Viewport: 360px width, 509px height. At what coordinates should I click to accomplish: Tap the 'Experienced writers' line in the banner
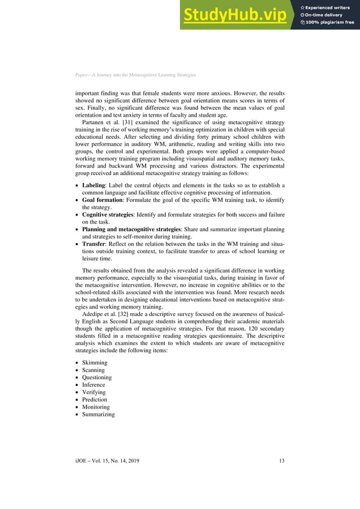tap(328, 7)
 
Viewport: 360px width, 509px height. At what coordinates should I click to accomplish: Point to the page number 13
tap(282, 462)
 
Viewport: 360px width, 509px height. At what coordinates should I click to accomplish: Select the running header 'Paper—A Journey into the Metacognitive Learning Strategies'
tap(135, 75)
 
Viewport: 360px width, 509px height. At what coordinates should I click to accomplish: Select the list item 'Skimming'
tap(95, 363)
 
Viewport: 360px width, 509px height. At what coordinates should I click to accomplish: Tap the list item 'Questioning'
tap(97, 378)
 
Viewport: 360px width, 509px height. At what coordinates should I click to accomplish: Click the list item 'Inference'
tap(94, 385)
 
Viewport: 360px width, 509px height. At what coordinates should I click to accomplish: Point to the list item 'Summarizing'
tap(98, 414)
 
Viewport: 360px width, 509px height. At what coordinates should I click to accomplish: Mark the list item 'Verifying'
tap(94, 392)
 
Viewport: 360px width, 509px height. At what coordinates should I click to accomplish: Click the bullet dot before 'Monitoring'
tap(77, 407)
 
